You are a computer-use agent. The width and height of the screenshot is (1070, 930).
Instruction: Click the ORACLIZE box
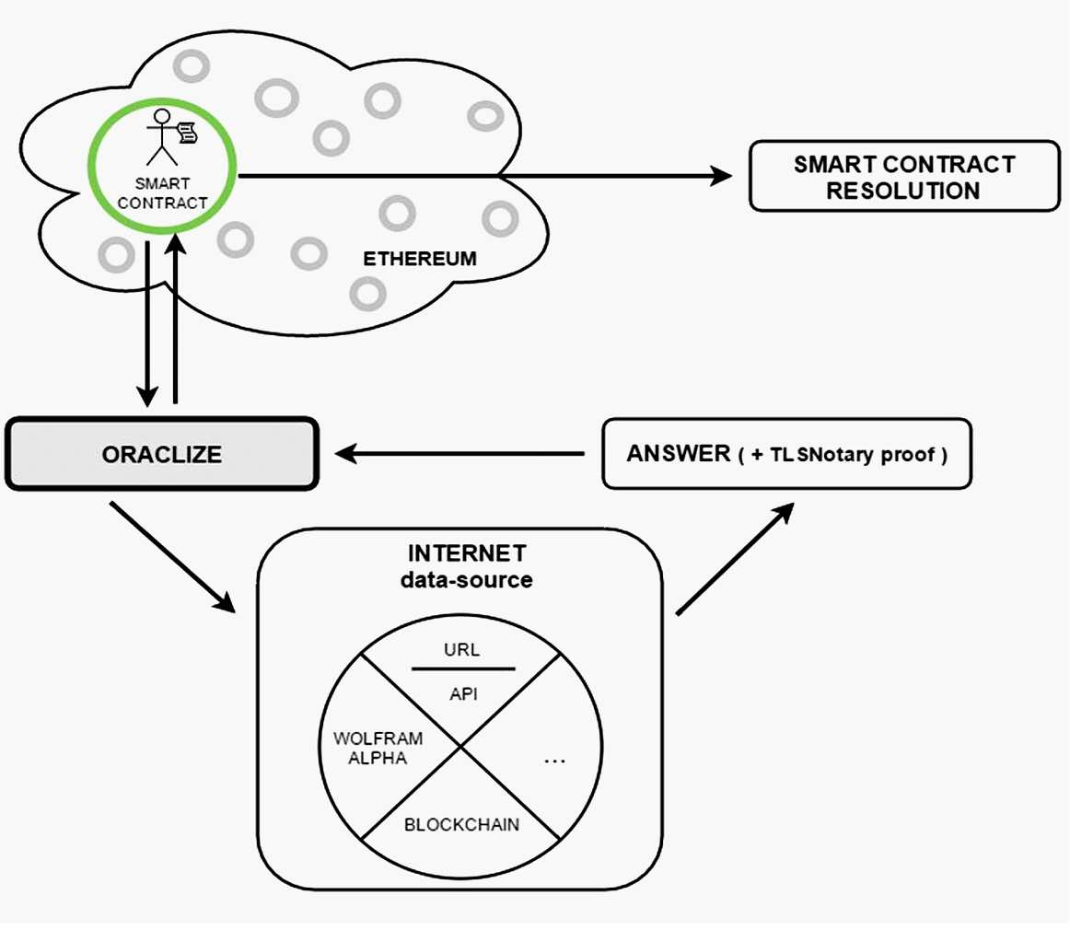coord(162,454)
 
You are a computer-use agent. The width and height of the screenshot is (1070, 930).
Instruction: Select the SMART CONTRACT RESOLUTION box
coord(904,176)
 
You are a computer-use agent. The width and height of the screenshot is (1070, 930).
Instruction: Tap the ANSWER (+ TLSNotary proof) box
coord(786,454)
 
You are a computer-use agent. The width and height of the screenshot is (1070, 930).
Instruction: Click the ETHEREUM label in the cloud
coord(420,259)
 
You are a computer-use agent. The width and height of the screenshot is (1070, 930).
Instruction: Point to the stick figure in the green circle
coord(162,137)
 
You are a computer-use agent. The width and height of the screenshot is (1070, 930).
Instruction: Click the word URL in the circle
coord(462,649)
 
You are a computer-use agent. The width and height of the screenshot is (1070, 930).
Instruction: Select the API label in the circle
coord(463,694)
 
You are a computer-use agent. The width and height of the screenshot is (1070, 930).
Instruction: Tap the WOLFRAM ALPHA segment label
coord(378,749)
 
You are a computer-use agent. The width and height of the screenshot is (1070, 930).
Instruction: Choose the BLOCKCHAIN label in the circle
coord(462,825)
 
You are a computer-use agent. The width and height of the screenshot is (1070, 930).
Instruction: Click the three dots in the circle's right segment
coord(554,761)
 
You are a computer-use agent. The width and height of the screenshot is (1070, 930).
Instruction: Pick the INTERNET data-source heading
coord(467,566)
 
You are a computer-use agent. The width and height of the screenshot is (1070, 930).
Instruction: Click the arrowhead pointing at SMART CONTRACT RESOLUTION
coord(721,176)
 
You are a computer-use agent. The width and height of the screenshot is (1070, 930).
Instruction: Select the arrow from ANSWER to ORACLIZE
coord(459,454)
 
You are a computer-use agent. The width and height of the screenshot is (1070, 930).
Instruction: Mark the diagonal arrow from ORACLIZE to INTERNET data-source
coord(172,557)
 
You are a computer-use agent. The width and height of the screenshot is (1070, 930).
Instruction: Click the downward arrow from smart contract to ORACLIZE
coord(147,324)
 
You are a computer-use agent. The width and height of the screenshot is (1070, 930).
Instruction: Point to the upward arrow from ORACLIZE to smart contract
coord(176,318)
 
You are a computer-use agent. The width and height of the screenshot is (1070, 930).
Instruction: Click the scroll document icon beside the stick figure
coord(187,132)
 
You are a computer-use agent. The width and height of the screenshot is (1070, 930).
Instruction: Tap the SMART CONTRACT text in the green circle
coord(162,193)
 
